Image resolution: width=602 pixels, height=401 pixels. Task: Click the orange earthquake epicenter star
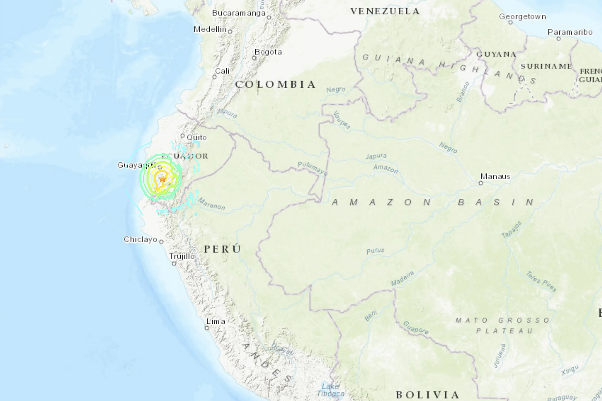coord(163,178)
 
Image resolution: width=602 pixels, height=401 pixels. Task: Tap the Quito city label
coord(196,137)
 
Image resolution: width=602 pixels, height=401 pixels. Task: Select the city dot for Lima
coord(207,328)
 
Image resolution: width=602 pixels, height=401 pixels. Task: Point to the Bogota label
coord(268,52)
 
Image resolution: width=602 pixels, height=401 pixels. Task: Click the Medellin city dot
coord(230,32)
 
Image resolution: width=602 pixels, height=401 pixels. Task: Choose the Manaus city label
coord(495,176)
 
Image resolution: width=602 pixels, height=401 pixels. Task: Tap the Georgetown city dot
coord(510,23)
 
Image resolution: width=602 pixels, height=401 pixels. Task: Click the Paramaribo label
coord(570,32)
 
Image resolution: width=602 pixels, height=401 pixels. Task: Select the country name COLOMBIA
coord(276,84)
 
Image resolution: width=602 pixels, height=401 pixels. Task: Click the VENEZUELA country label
coord(385,11)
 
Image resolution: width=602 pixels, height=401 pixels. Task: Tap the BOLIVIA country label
coord(428,395)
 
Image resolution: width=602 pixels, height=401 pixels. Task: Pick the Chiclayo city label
coord(140,239)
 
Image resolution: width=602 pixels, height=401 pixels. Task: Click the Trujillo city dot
coord(174,264)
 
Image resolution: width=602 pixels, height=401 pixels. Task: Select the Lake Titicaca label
coord(331,390)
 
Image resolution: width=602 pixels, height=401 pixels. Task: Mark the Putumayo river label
coord(312,168)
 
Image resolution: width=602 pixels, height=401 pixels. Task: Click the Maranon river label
coord(212,204)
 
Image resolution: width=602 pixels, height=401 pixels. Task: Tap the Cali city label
coord(222,71)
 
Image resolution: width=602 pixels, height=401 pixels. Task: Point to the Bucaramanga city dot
coord(269,17)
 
